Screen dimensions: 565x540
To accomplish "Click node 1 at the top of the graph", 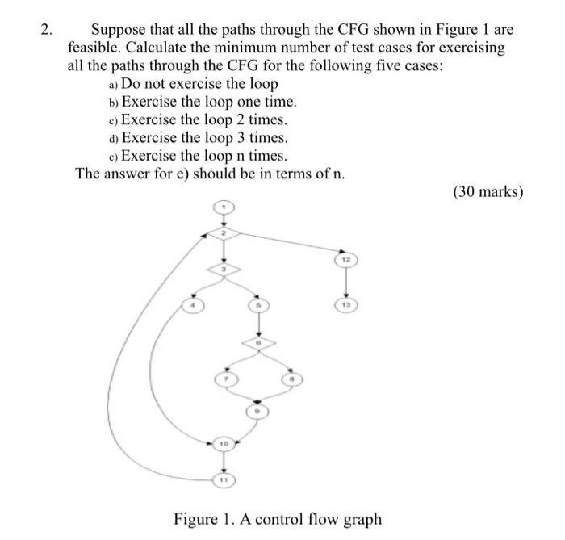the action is tap(225, 209).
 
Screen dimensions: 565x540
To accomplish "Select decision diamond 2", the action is tap(225, 234).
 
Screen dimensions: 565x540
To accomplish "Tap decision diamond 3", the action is tap(225, 269).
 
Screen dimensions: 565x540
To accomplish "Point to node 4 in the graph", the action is tap(192, 305).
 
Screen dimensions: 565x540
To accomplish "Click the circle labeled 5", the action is tap(258, 305).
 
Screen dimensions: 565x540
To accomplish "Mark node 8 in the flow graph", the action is tap(288, 379).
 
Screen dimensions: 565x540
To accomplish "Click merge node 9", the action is tap(258, 410).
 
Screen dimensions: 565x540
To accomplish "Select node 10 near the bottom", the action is tap(225, 443).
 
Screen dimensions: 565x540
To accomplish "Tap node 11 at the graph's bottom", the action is tap(225, 479).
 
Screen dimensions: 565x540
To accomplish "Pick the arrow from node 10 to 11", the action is tap(225, 461).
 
